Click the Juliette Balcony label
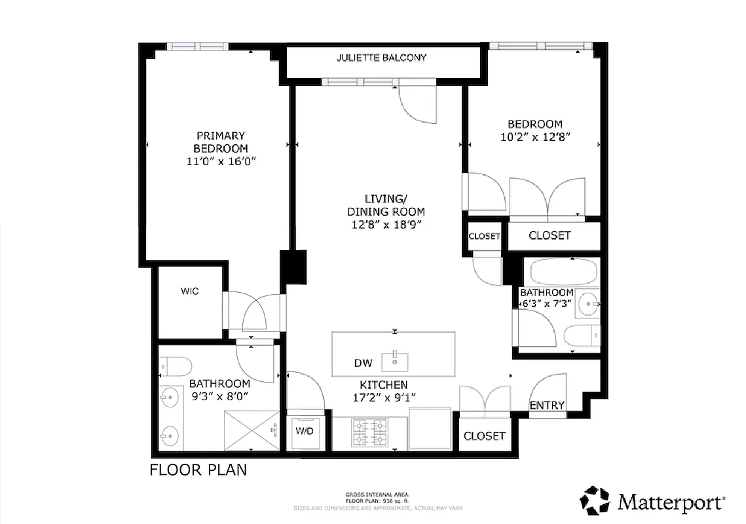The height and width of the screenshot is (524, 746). [381, 58]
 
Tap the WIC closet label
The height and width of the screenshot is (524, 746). [190, 291]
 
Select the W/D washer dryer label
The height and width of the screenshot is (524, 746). [304, 431]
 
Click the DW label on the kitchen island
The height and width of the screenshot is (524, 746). [363, 363]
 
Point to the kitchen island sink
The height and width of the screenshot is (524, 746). [395, 359]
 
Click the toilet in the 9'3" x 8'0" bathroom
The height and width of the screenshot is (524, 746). [175, 365]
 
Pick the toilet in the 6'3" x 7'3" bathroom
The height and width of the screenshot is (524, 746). [581, 335]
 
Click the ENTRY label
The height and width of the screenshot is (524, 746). [547, 405]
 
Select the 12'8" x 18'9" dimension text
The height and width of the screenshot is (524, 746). [386, 224]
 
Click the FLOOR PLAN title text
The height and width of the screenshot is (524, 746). [198, 470]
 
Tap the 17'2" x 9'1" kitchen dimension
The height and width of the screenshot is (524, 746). [383, 397]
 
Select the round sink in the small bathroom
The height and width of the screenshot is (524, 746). [590, 303]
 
